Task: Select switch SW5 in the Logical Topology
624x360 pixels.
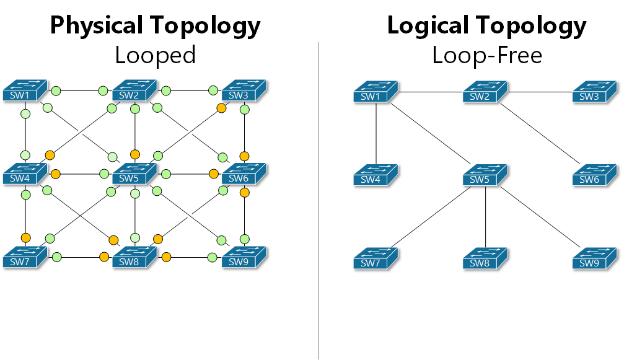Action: [x=485, y=175]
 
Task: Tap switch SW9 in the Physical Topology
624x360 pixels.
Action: [x=244, y=257]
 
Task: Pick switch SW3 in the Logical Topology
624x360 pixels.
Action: [x=594, y=92]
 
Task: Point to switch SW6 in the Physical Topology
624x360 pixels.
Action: [x=244, y=174]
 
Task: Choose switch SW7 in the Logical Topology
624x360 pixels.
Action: [x=376, y=258]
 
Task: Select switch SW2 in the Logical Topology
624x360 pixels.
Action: [x=485, y=92]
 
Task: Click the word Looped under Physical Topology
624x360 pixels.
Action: [x=155, y=56]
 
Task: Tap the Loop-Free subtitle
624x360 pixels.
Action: [x=486, y=56]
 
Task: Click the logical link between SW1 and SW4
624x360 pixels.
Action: [x=376, y=133]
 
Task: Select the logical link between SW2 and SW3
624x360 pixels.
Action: [x=539, y=92]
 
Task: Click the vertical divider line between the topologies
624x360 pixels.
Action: [x=319, y=198]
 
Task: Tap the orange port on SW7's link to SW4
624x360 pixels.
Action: [x=25, y=237]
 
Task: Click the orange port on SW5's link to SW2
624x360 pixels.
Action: [x=134, y=154]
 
